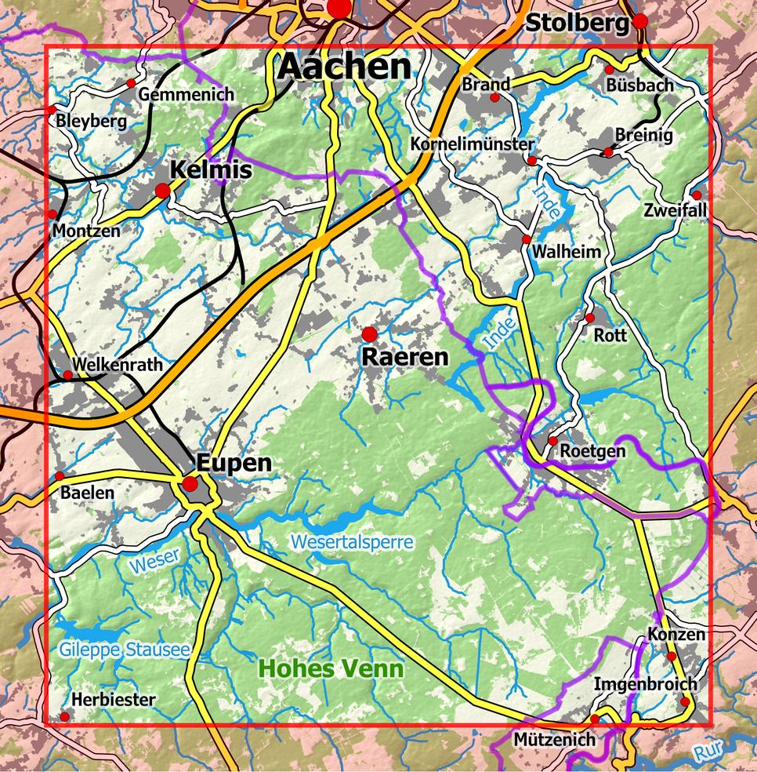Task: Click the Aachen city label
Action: point(344,67)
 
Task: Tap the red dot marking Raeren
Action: point(369,334)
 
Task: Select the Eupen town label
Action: point(234,463)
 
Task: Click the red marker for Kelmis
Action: point(163,191)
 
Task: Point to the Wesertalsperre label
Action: point(351,541)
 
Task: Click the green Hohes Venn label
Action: point(331,669)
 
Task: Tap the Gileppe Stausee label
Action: point(124,650)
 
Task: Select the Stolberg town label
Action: point(577,24)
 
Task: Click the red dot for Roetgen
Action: point(552,440)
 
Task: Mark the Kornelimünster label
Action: point(473,144)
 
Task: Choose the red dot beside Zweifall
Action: point(696,195)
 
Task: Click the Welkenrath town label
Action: point(118,364)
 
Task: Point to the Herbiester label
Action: point(114,699)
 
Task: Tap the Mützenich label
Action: point(554,739)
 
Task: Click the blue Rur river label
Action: point(708,752)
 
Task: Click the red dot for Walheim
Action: point(527,239)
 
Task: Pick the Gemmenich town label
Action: point(186,94)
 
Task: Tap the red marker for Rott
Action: point(590,318)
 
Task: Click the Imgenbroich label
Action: point(645,684)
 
